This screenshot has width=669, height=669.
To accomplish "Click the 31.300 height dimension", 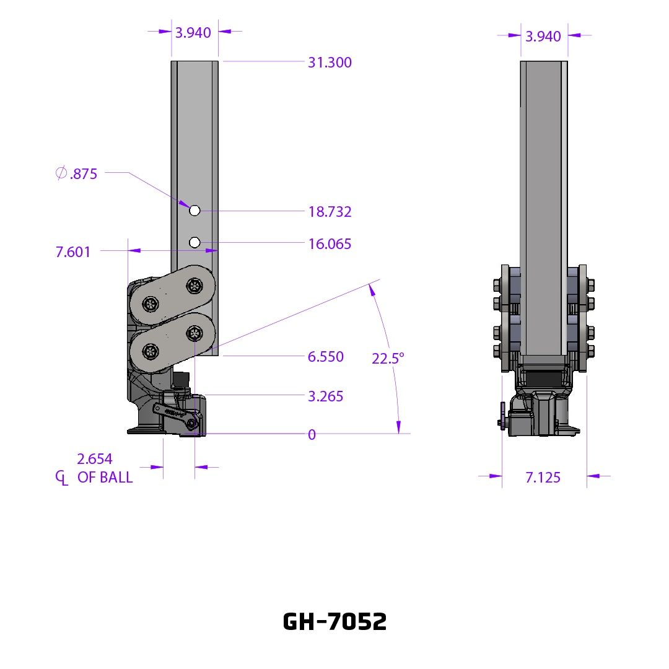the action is [330, 63].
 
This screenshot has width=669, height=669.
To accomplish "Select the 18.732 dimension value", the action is [330, 212].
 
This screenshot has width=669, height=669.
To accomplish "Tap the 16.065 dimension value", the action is [330, 244].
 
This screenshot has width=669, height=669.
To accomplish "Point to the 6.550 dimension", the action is [326, 357].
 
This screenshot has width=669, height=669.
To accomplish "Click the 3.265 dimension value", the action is [326, 396].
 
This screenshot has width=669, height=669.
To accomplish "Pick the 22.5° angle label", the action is [388, 359].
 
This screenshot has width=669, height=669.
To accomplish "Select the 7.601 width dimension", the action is [73, 251].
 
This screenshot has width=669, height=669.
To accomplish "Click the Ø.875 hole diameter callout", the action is [76, 173].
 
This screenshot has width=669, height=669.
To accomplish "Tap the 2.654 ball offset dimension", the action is [95, 459].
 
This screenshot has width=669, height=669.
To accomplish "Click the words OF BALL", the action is [105, 478].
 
